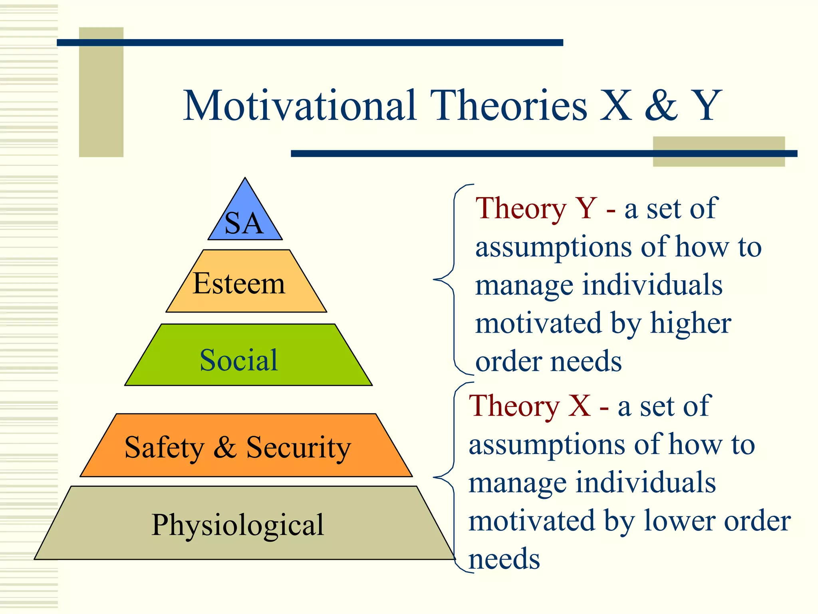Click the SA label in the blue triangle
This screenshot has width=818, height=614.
[x=244, y=223]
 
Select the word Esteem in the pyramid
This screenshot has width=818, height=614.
[x=239, y=283]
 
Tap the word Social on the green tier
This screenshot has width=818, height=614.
[x=239, y=360]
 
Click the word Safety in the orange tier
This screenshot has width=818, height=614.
[x=164, y=447]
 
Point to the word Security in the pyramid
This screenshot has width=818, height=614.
[x=298, y=447]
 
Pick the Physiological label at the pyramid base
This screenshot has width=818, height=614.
[x=238, y=524]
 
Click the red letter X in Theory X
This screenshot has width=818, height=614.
[x=579, y=406]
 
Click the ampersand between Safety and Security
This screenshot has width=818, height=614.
[x=225, y=447]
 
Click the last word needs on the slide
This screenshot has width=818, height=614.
[x=504, y=559]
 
